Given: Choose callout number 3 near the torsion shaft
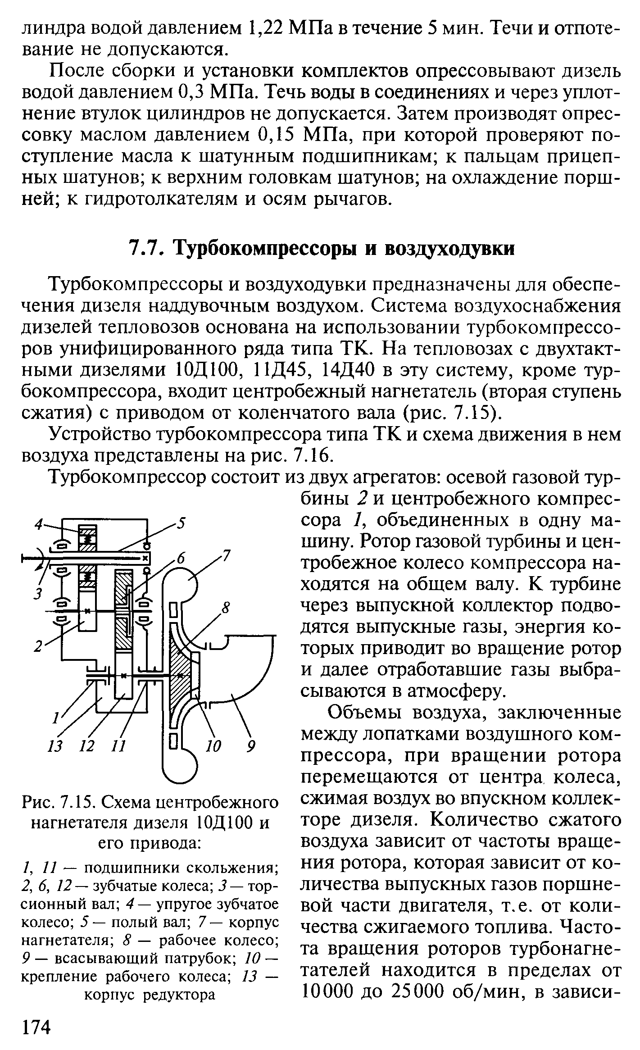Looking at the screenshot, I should tap(39, 594).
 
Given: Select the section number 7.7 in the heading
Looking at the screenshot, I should tap(145, 249).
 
